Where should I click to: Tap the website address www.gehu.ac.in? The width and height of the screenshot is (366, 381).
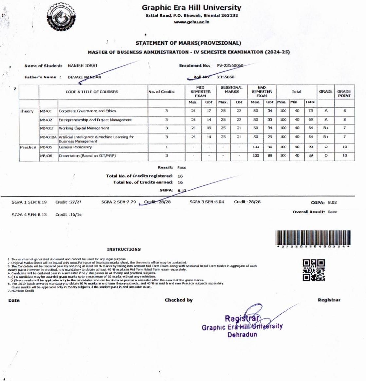pyautogui.click(x=192, y=22)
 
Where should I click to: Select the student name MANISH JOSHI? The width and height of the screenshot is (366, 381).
pyautogui.click(x=82, y=66)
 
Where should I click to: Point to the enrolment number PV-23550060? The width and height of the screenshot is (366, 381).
pyautogui.click(x=230, y=65)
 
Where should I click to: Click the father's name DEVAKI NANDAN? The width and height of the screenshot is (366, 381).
pyautogui.click(x=84, y=77)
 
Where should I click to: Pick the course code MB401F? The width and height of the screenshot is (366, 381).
pyautogui.click(x=47, y=128)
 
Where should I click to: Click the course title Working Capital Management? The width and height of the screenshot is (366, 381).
pyautogui.click(x=84, y=128)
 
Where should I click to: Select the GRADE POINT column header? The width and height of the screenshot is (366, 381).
pyautogui.click(x=344, y=94)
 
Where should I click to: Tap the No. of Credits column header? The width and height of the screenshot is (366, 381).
pyautogui.click(x=162, y=92)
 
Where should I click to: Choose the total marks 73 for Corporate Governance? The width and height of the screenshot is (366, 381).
pyautogui.click(x=310, y=111)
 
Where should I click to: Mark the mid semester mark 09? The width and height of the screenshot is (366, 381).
pyautogui.click(x=209, y=128)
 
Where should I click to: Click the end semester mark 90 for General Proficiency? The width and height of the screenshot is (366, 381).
pyautogui.click(x=270, y=147)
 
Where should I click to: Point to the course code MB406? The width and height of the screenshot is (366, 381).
pyautogui.click(x=46, y=156)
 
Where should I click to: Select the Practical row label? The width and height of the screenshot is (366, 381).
pyautogui.click(x=28, y=147)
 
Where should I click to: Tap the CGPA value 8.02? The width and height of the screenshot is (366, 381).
pyautogui.click(x=332, y=203)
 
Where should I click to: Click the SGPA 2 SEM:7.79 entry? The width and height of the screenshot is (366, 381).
pyautogui.click(x=118, y=202)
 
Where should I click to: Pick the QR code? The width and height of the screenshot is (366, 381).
pyautogui.click(x=313, y=270)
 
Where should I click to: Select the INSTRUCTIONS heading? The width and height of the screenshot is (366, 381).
pyautogui.click(x=124, y=249)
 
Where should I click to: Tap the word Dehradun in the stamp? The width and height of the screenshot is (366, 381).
pyautogui.click(x=242, y=335)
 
